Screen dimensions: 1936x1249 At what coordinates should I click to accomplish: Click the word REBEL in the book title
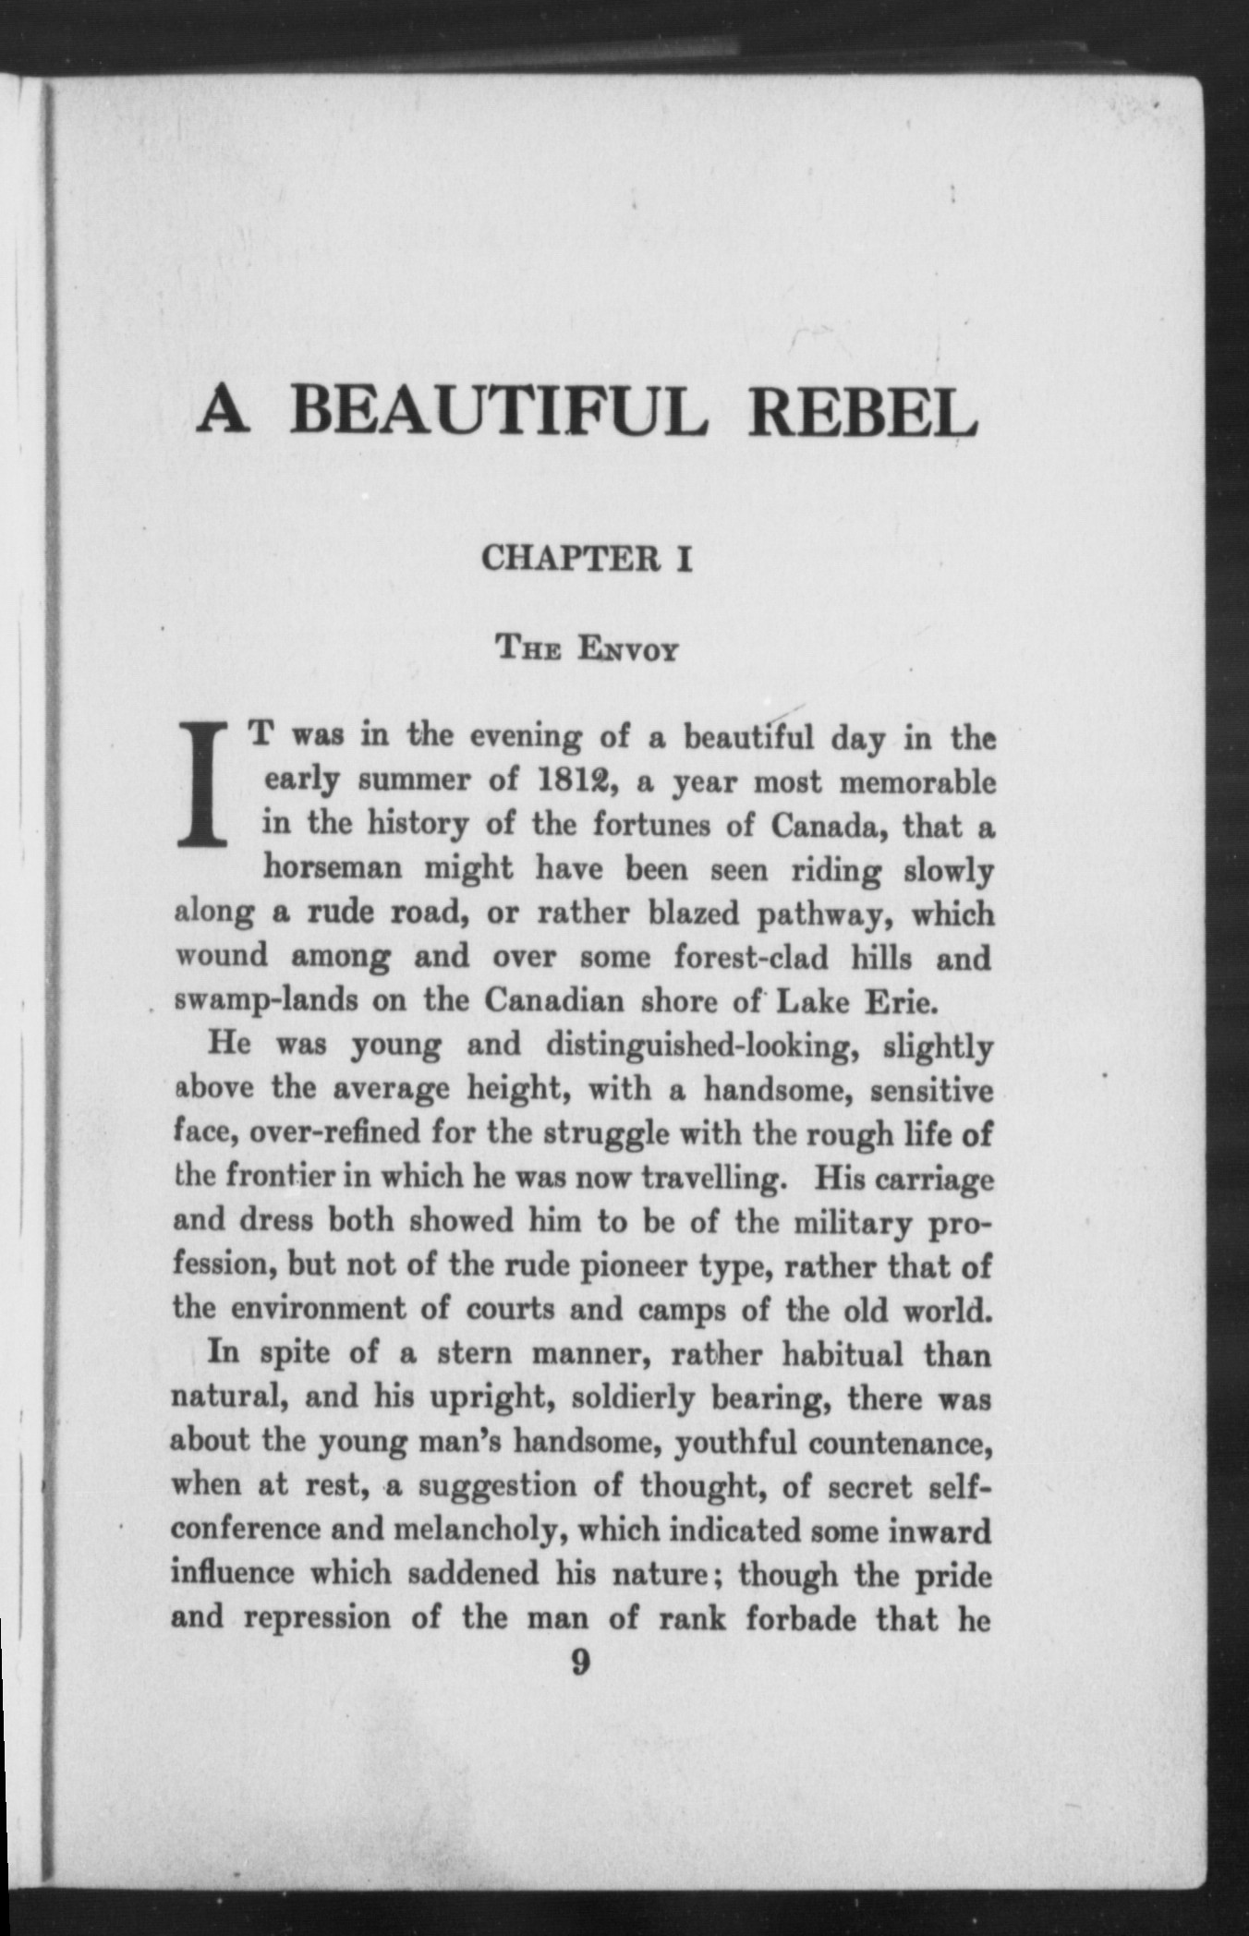(x=862, y=412)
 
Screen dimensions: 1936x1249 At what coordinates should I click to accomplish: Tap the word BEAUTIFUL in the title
(x=499, y=412)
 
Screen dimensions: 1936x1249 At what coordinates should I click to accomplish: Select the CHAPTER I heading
(x=588, y=559)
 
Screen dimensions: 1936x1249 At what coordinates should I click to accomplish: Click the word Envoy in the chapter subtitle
(x=628, y=649)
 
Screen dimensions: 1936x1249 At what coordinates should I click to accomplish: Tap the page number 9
(x=580, y=1663)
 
